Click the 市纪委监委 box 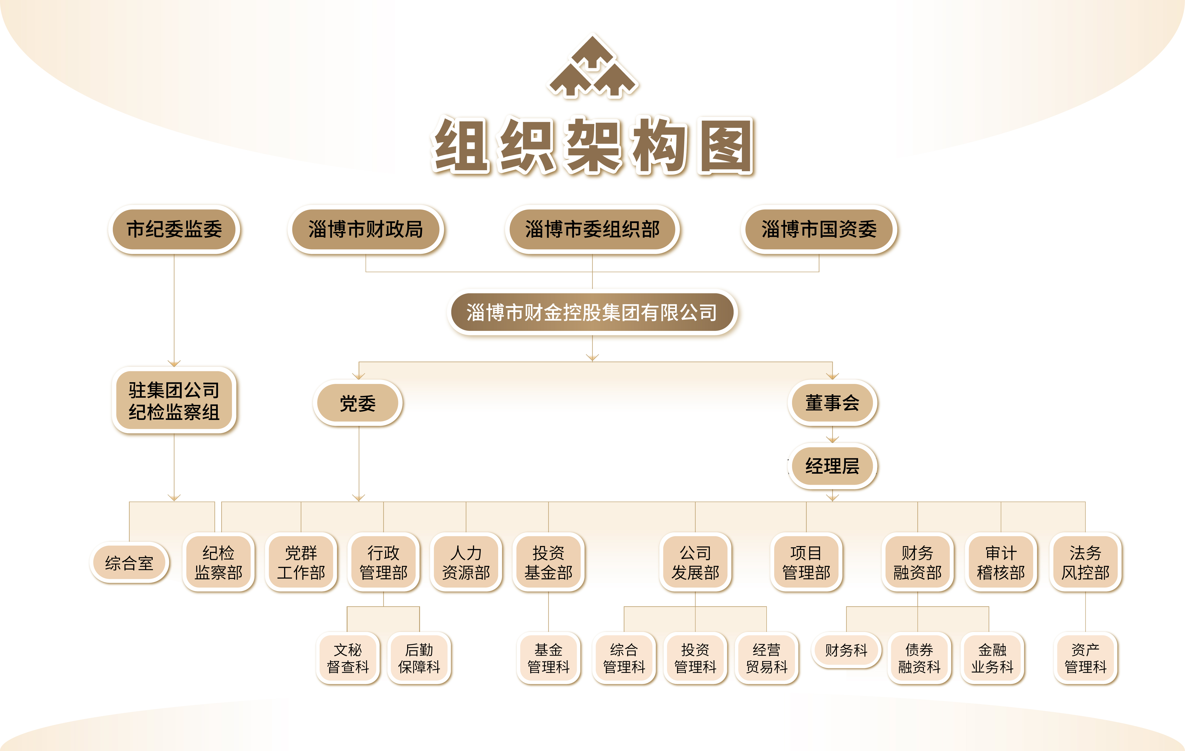(x=174, y=229)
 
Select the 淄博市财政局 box (x=366, y=229)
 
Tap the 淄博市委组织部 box (x=593, y=229)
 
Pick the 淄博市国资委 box (x=819, y=229)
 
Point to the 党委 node (x=358, y=403)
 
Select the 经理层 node (x=832, y=466)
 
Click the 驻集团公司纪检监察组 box (x=174, y=400)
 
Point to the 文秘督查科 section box (x=348, y=658)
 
